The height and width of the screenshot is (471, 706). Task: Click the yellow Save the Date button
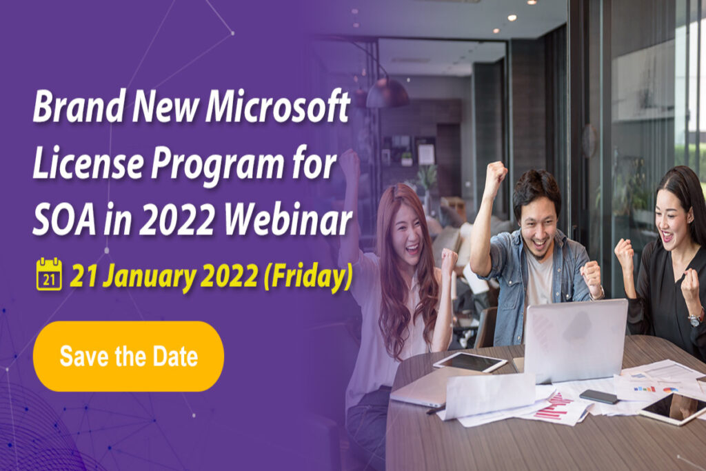pyautogui.click(x=128, y=357)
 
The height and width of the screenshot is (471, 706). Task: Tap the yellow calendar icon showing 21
pyautogui.click(x=49, y=274)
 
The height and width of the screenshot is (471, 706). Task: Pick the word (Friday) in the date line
pyautogui.click(x=307, y=275)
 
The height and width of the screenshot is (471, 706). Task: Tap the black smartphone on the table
pyautogui.click(x=598, y=397)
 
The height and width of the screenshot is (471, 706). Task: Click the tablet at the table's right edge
pyautogui.click(x=672, y=407)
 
